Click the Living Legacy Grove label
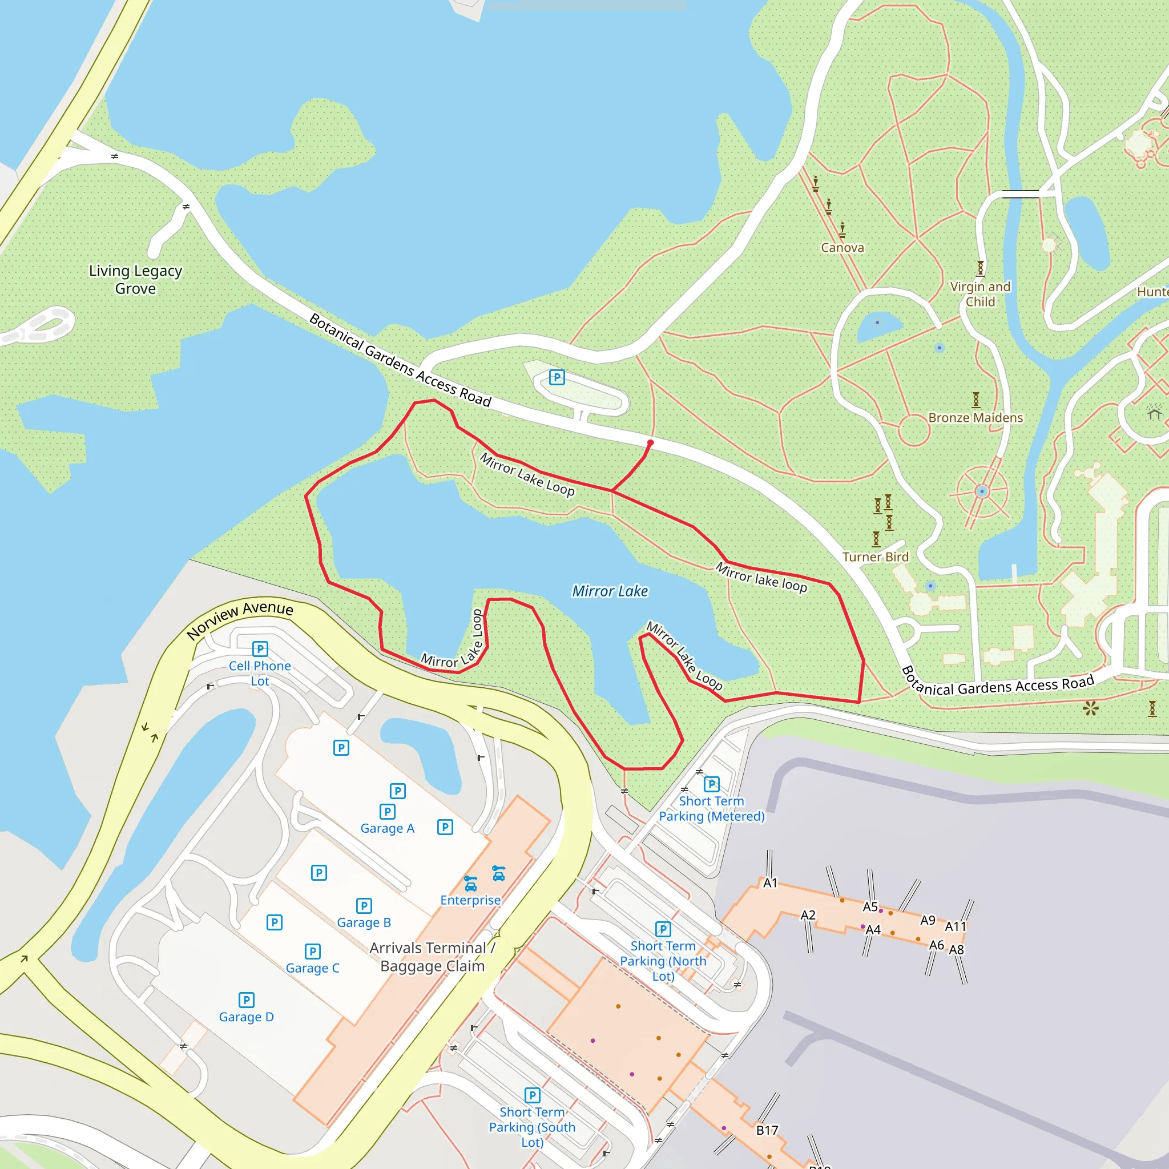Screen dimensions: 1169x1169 pyautogui.click(x=135, y=280)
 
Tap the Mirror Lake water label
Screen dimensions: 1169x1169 pyautogui.click(x=610, y=591)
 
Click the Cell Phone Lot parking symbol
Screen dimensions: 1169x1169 pyautogui.click(x=260, y=649)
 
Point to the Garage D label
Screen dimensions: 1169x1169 pyautogui.click(x=246, y=1017)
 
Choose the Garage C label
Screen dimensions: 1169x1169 pyautogui.click(x=312, y=968)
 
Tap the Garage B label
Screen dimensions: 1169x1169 pyautogui.click(x=364, y=923)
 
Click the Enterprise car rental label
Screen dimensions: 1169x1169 pyautogui.click(x=470, y=900)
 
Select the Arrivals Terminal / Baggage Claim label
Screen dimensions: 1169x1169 pyautogui.click(x=433, y=957)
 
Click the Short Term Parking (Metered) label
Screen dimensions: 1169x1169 pyautogui.click(x=712, y=808)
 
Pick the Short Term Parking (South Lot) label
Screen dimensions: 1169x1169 pyautogui.click(x=532, y=1127)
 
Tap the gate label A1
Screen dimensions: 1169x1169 pyautogui.click(x=770, y=883)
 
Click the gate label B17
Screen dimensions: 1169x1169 pyautogui.click(x=767, y=1130)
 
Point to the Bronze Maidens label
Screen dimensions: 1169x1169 pyautogui.click(x=975, y=417)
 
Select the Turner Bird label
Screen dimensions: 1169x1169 pyautogui.click(x=876, y=557)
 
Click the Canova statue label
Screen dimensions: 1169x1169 pyautogui.click(x=843, y=248)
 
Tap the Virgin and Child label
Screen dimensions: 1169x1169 pyautogui.click(x=980, y=294)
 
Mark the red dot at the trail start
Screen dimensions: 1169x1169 pyautogui.click(x=651, y=443)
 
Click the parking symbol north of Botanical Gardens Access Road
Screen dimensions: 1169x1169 pyautogui.click(x=557, y=377)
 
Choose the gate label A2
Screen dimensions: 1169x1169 pyautogui.click(x=808, y=915)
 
